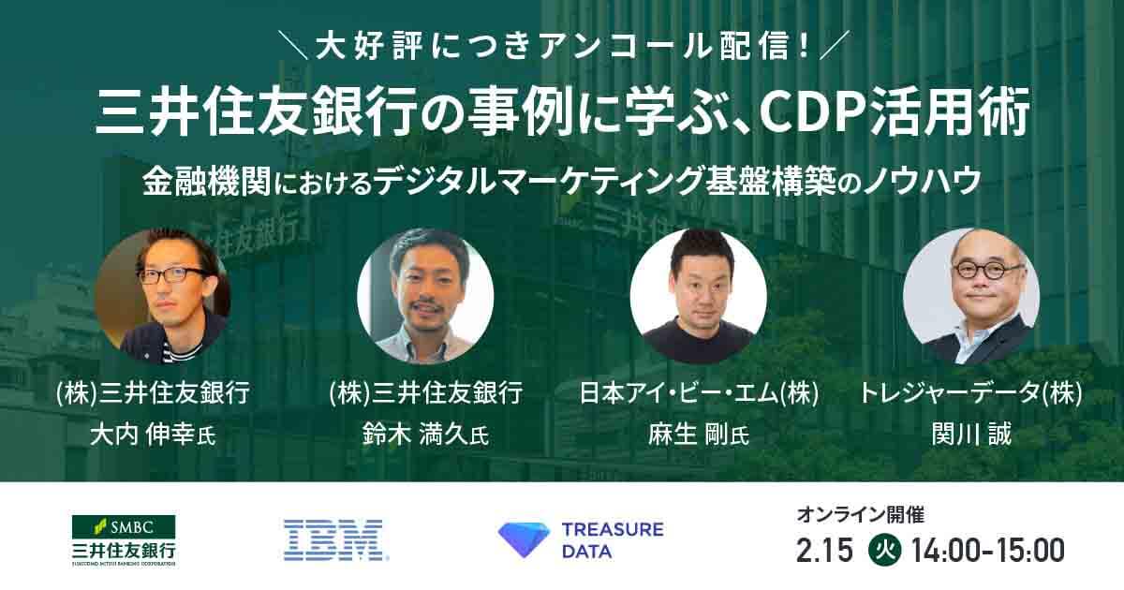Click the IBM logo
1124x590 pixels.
[335, 539]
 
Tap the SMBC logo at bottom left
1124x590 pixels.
[124, 541]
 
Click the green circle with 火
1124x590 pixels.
[884, 551]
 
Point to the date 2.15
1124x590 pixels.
[824, 551]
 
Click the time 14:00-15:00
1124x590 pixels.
[987, 551]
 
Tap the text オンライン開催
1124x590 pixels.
[860, 515]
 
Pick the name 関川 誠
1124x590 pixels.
[971, 435]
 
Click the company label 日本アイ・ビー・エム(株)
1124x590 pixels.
[699, 392]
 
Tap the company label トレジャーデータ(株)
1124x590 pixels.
[971, 392]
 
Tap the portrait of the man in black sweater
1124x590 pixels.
[699, 296]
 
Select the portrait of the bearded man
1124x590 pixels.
[425, 296]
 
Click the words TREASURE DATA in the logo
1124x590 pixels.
[613, 540]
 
